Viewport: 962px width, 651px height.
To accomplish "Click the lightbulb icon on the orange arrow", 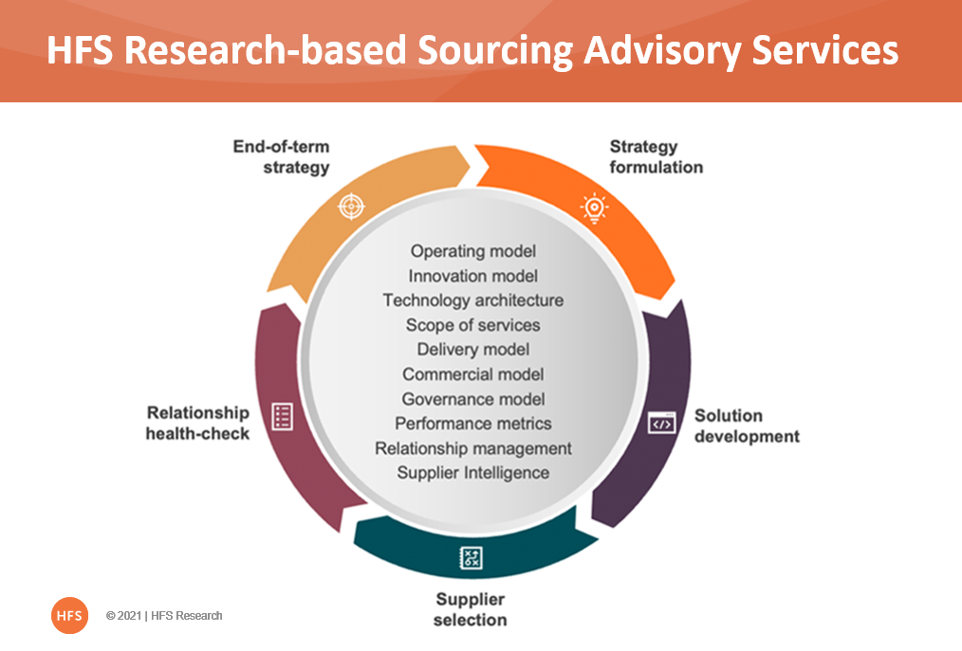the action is tap(594, 208).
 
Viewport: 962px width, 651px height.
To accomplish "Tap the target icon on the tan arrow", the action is tap(352, 206).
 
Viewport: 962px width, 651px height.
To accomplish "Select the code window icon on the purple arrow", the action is tap(662, 424).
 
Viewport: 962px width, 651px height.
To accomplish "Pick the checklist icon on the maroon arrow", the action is tap(282, 417).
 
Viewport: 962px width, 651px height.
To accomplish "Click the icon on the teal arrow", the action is tap(472, 558).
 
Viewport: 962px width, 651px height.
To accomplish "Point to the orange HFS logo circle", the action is tap(69, 615).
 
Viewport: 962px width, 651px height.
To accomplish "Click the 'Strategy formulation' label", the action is tap(656, 157).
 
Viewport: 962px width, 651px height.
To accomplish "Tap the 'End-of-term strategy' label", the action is tap(281, 157).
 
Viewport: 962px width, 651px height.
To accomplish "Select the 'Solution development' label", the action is tap(747, 426).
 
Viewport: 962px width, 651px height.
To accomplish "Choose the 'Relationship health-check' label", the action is tap(197, 423).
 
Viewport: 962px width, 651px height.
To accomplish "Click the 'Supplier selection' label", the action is tap(470, 609).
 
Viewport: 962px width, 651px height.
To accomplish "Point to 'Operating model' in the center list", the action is tap(473, 251).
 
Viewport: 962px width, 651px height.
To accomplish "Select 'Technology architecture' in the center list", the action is tap(473, 300).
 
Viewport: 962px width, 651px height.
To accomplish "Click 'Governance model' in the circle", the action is tap(473, 399).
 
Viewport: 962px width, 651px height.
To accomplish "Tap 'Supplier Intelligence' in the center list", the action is tap(473, 473).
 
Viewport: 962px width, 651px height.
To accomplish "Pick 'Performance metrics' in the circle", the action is tap(473, 424).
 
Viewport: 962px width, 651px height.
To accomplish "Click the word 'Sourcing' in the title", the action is tap(495, 51).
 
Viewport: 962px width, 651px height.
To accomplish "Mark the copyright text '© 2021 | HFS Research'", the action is tap(164, 616).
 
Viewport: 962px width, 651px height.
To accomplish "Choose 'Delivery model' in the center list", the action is tap(473, 350).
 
